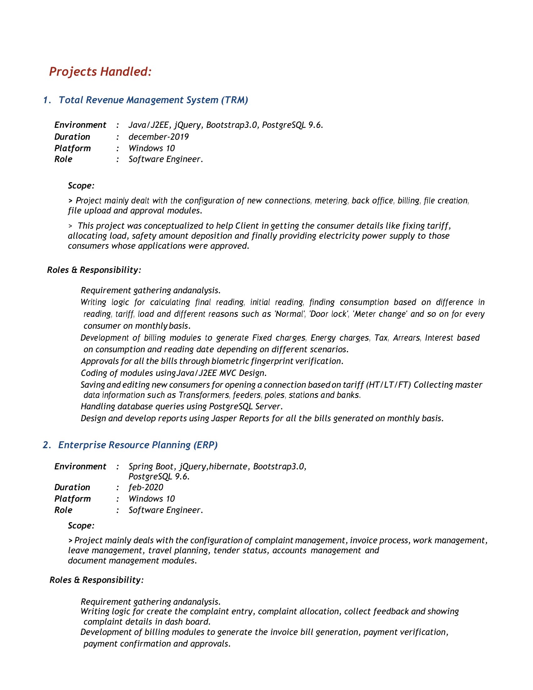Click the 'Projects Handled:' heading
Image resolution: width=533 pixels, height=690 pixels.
[100, 72]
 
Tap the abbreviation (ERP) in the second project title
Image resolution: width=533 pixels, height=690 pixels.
[206, 445]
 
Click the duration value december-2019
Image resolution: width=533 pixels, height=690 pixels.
[159, 137]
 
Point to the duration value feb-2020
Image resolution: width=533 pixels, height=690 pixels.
[145, 487]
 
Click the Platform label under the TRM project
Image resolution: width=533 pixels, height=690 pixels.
[72, 148]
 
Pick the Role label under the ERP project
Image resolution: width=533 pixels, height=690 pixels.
[63, 510]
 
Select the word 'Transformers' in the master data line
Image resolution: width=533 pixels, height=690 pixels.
[204, 395]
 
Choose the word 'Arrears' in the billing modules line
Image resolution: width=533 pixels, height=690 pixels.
[406, 338]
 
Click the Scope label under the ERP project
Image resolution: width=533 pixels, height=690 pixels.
[81, 525]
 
